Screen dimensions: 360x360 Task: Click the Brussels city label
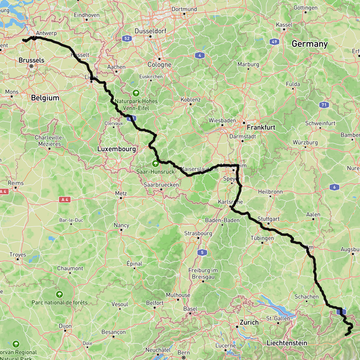[31, 60]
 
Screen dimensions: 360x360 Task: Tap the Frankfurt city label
[261, 127]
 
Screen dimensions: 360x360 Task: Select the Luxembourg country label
[116, 149]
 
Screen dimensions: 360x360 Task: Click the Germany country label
[309, 44]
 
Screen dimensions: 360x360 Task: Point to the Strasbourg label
[198, 233]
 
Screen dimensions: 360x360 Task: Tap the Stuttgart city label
[268, 219]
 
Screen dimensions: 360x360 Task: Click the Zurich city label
[249, 322]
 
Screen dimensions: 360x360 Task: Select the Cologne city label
[159, 64]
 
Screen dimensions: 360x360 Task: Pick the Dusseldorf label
[150, 31]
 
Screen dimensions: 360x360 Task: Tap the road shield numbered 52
[127, 38]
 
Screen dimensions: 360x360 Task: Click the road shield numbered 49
[275, 42]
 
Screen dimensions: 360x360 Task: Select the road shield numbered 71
[324, 105]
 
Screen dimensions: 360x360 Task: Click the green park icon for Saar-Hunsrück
[155, 163]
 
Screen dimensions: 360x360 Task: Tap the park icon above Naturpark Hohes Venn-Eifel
[136, 93]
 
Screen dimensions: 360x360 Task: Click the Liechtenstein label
[287, 343]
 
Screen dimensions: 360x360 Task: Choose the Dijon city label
[65, 326]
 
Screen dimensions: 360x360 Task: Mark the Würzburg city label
[305, 142]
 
